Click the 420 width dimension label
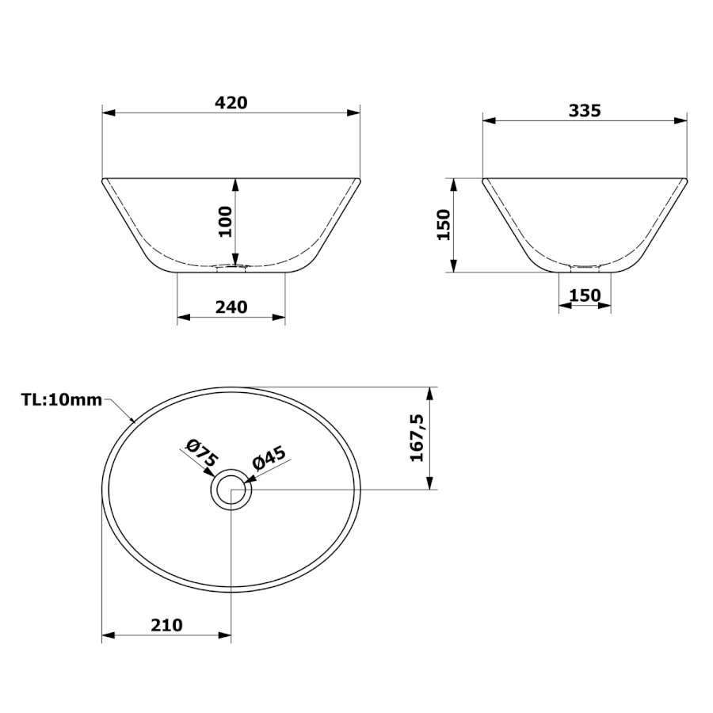coord(231,103)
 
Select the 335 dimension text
coord(585,110)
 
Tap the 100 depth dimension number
coord(225,222)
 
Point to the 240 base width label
coord(231,307)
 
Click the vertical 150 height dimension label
coord(443,225)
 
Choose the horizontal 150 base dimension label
coord(585,295)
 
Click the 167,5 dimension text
coord(417,438)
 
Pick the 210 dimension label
coord(166,625)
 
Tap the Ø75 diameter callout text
coord(203,452)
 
